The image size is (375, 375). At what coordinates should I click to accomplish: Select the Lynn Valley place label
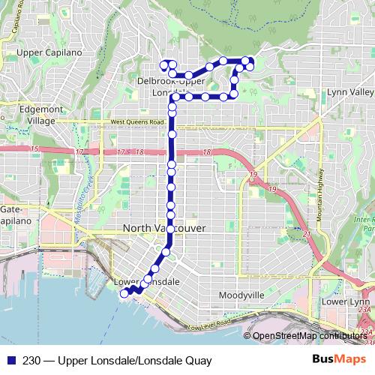click(x=350, y=92)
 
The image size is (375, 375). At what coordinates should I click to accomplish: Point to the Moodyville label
click(x=241, y=295)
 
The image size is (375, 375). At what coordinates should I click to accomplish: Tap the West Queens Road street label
click(x=136, y=121)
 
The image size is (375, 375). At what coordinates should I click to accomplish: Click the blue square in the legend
click(x=9, y=360)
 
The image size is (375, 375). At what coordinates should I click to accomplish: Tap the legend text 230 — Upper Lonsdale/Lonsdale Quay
click(x=112, y=360)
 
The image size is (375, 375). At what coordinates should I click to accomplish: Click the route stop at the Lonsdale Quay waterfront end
click(x=123, y=295)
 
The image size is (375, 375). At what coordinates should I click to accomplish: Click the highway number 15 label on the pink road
click(x=34, y=151)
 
